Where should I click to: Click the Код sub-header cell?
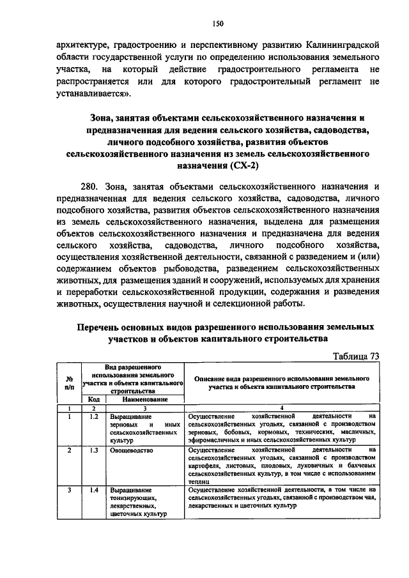tap(93, 399)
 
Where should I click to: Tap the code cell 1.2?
tap(93, 416)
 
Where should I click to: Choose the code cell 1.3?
tap(93, 450)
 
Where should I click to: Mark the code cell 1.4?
tap(93, 490)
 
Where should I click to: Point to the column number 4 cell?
tap(282, 407)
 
